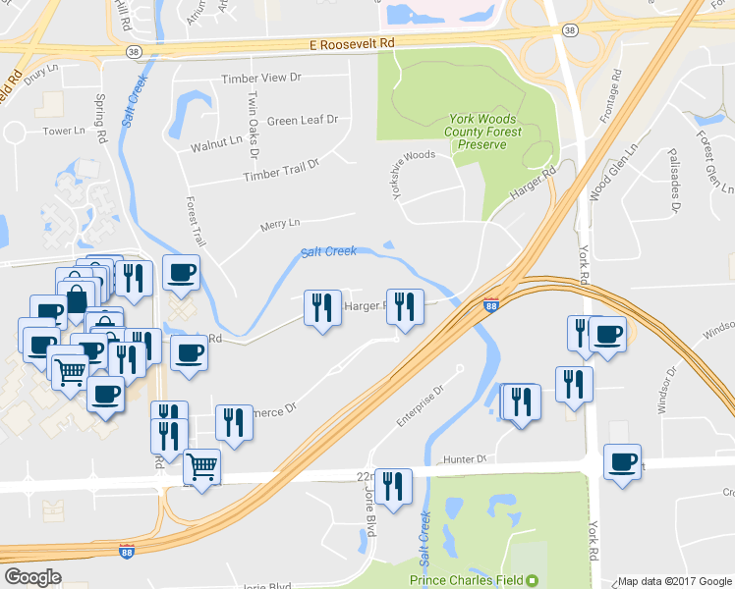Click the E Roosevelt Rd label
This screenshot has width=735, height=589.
click(x=351, y=44)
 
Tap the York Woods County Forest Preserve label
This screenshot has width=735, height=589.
click(x=481, y=131)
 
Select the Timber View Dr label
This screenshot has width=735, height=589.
click(x=261, y=78)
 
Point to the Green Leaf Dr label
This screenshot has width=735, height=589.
click(x=303, y=120)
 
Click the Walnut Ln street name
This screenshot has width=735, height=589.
click(x=216, y=143)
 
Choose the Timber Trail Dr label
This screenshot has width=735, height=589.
click(x=282, y=170)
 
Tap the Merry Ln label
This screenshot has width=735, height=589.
click(x=280, y=225)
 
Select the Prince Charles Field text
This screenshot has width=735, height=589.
click(x=467, y=580)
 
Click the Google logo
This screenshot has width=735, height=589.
click(x=32, y=577)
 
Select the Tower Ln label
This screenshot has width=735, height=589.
click(x=65, y=131)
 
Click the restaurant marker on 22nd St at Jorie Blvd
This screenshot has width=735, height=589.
click(x=393, y=487)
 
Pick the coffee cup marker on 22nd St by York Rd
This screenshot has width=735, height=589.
click(x=622, y=461)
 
